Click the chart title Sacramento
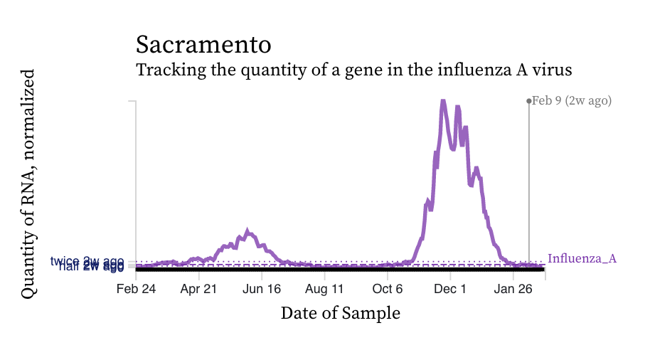pyautogui.click(x=203, y=44)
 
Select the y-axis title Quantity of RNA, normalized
pyautogui.click(x=28, y=184)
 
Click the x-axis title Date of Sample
pyautogui.click(x=341, y=312)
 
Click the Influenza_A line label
pyautogui.click(x=582, y=258)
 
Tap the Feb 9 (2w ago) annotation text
pyautogui.click(x=572, y=101)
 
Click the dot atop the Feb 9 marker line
pyautogui.click(x=528, y=101)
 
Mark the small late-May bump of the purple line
pyautogui.click(x=247, y=231)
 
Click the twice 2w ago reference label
pyautogui.click(x=87, y=261)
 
